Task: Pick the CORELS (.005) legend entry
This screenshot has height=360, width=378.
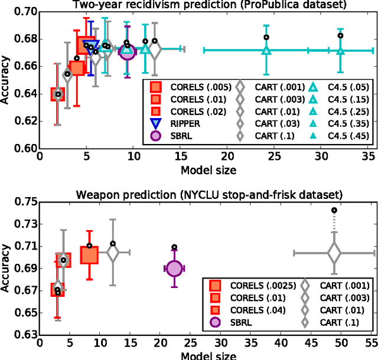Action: [185, 87]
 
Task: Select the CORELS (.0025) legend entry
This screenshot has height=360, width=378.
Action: [248, 286]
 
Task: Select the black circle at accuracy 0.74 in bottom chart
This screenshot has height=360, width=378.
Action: [334, 210]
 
